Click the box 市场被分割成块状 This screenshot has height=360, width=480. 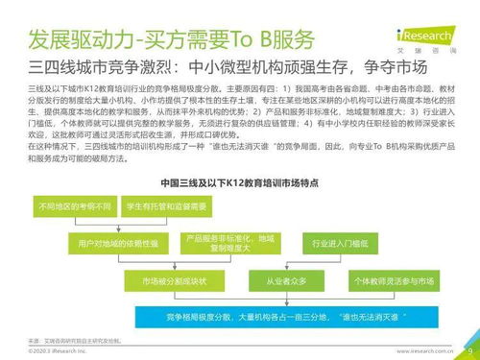(x=159, y=281)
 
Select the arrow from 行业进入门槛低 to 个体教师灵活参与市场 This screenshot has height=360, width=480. (x=379, y=263)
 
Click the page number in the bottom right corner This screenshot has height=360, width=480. (x=469, y=350)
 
